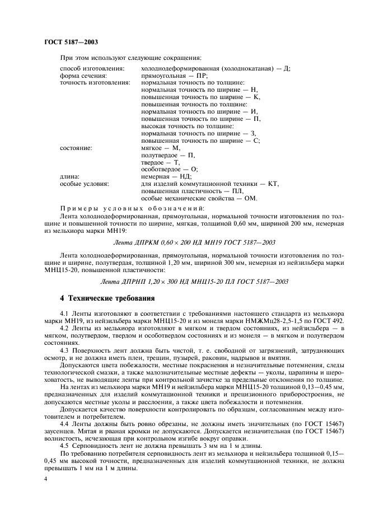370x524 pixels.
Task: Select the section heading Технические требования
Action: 106,297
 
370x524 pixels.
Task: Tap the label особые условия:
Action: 84,184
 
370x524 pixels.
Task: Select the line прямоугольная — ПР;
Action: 175,75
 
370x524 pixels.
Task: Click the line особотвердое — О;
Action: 170,169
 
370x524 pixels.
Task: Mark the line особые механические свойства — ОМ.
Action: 199,198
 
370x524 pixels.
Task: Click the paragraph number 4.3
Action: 64,350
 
